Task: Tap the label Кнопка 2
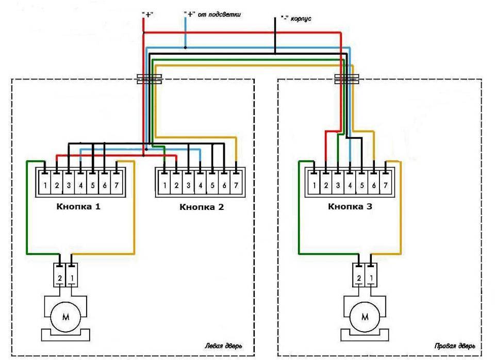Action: click(x=202, y=208)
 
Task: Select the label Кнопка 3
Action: click(x=350, y=207)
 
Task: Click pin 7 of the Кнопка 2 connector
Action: click(x=235, y=185)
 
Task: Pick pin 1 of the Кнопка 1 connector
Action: click(x=45, y=185)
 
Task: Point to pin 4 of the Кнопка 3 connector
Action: click(x=349, y=185)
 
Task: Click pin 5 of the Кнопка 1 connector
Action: click(x=92, y=185)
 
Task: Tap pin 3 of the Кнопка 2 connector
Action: click(x=188, y=185)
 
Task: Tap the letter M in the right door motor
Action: click(x=366, y=316)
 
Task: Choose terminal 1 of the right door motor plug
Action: click(x=372, y=278)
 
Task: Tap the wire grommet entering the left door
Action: click(x=150, y=78)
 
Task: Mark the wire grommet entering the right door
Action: click(x=346, y=78)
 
